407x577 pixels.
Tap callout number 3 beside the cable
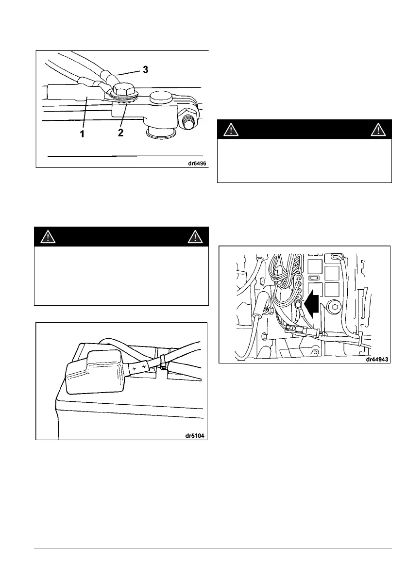point(145,69)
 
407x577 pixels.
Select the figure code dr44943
point(377,360)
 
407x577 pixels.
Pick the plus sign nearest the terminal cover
point(134,369)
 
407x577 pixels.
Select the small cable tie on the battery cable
point(163,360)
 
